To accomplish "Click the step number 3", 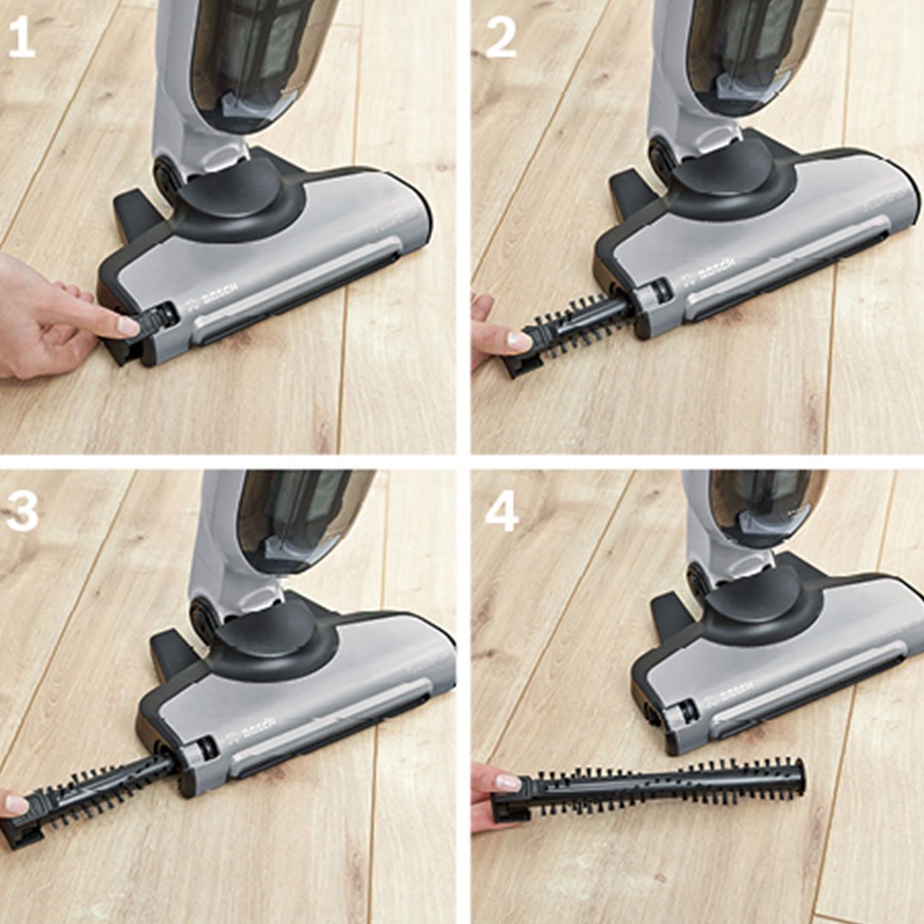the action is (x=21, y=510).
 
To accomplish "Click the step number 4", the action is (x=501, y=510).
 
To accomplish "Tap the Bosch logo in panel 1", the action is (x=211, y=295).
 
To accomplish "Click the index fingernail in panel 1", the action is (x=128, y=325).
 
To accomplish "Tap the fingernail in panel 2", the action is (x=518, y=341).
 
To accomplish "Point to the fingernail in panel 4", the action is (x=507, y=783).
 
